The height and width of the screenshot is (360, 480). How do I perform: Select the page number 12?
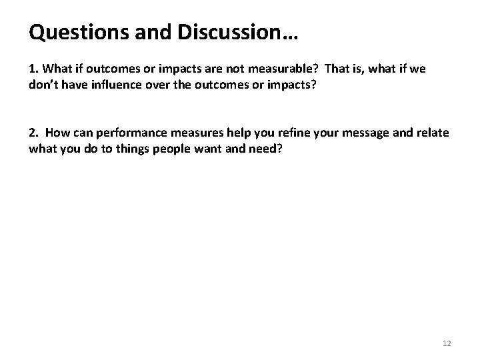447,343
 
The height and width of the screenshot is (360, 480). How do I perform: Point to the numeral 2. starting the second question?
33,133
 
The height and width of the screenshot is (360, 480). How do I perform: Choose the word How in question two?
59,133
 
